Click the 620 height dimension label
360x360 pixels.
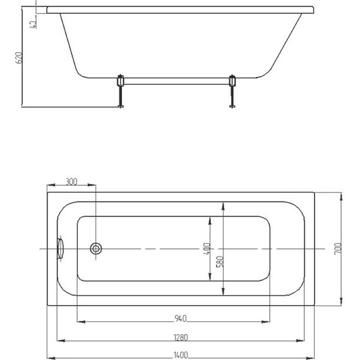click(19, 57)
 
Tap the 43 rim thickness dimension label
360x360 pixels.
click(33, 24)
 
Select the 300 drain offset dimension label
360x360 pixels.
click(71, 181)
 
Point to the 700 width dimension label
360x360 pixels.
click(338, 248)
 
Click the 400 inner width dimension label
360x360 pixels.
click(207, 248)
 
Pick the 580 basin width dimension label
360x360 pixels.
click(220, 261)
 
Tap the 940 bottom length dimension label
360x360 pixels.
click(181, 318)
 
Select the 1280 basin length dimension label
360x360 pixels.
click(181, 337)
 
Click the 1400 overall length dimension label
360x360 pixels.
click(181, 355)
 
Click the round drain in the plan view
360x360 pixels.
click(96, 248)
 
